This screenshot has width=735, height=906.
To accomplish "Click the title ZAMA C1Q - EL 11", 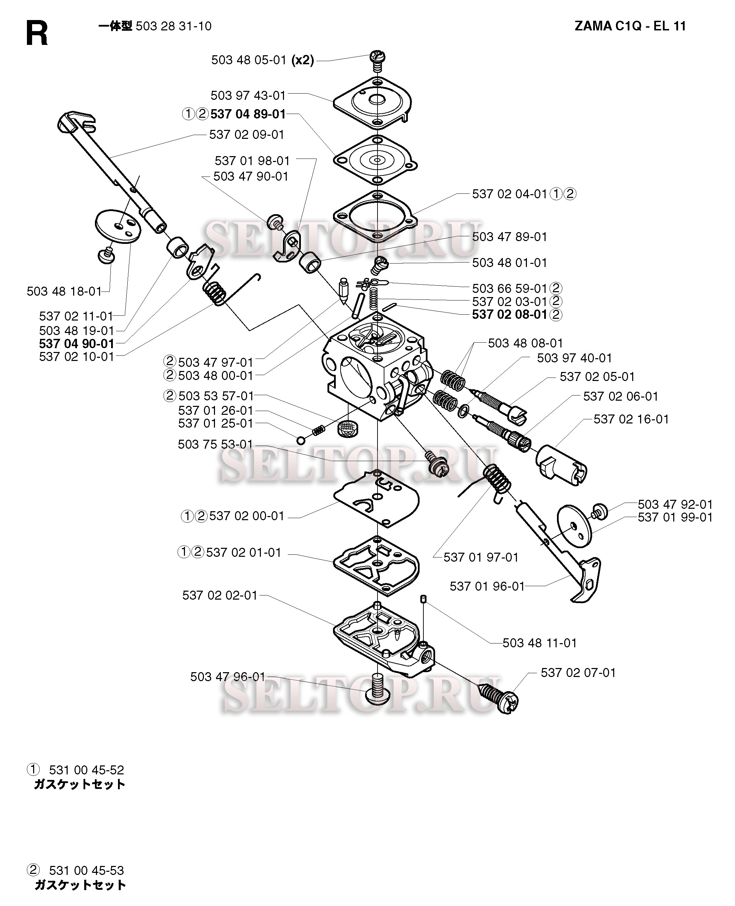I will tap(630, 26).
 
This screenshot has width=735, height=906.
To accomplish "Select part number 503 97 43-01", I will tap(248, 95).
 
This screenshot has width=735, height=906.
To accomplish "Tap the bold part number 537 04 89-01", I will tap(248, 114).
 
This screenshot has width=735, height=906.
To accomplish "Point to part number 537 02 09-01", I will tap(246, 135).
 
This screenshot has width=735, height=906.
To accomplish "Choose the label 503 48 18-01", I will tap(64, 292).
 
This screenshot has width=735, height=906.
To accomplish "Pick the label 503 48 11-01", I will tap(539, 643).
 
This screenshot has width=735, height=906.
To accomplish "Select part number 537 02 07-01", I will tap(578, 673).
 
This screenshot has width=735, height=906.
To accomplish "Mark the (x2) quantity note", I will tap(303, 60).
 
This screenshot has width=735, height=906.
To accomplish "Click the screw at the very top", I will tap(377, 59).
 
